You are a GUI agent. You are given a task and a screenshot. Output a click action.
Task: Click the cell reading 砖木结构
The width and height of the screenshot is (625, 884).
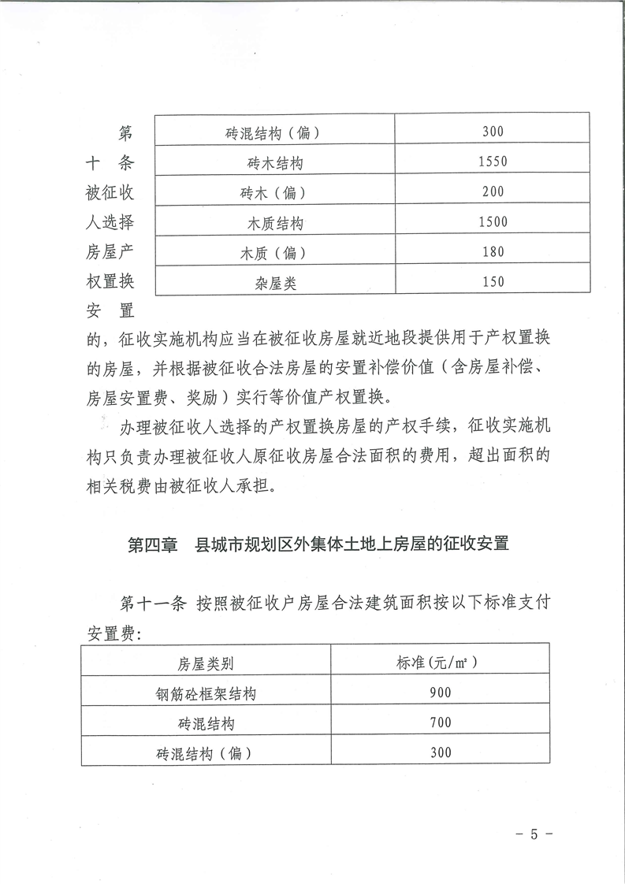[273, 163]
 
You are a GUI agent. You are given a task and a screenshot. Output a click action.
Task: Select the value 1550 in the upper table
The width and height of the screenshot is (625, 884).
[493, 162]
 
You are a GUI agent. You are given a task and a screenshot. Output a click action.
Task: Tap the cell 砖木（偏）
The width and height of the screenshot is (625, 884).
[273, 193]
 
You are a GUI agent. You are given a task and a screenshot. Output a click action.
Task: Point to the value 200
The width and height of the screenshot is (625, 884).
[493, 192]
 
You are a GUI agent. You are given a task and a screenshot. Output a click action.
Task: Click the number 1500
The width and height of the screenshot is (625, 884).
[493, 222]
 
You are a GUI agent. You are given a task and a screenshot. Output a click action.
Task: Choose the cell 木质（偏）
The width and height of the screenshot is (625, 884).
[273, 253]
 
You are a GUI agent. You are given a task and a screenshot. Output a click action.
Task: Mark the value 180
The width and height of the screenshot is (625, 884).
[493, 252]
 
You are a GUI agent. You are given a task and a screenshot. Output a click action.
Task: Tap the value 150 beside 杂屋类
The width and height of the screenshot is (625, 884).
[493, 282]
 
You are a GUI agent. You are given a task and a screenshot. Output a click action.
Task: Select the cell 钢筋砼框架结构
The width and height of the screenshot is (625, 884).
[206, 693]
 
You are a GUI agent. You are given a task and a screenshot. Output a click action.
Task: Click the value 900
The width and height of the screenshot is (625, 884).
[441, 693]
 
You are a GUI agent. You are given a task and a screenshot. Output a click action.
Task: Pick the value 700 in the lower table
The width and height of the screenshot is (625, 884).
[441, 722]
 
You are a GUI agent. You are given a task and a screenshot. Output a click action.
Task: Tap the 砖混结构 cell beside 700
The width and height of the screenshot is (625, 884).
[206, 723]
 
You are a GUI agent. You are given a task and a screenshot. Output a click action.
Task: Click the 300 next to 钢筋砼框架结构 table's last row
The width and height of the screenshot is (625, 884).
[441, 752]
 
